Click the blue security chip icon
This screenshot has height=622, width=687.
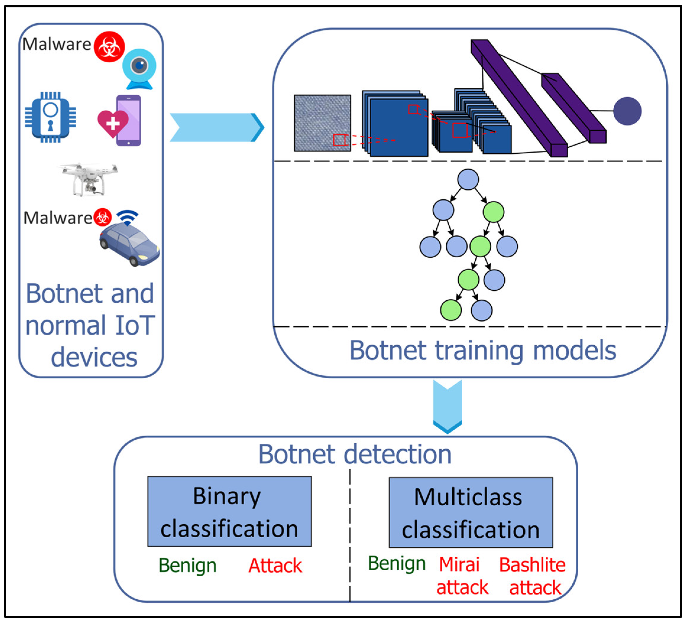coord(51,118)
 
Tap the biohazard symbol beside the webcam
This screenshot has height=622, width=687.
coord(109,47)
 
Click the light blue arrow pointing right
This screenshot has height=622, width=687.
coord(216,127)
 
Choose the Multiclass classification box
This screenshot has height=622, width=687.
coord(471,512)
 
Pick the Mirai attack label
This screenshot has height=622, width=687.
coord(462,576)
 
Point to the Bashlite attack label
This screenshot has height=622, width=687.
coord(532,576)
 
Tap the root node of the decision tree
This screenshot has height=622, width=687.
coord(468,179)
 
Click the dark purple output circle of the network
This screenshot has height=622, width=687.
coord(627,111)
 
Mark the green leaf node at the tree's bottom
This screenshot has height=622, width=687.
coord(451,310)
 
